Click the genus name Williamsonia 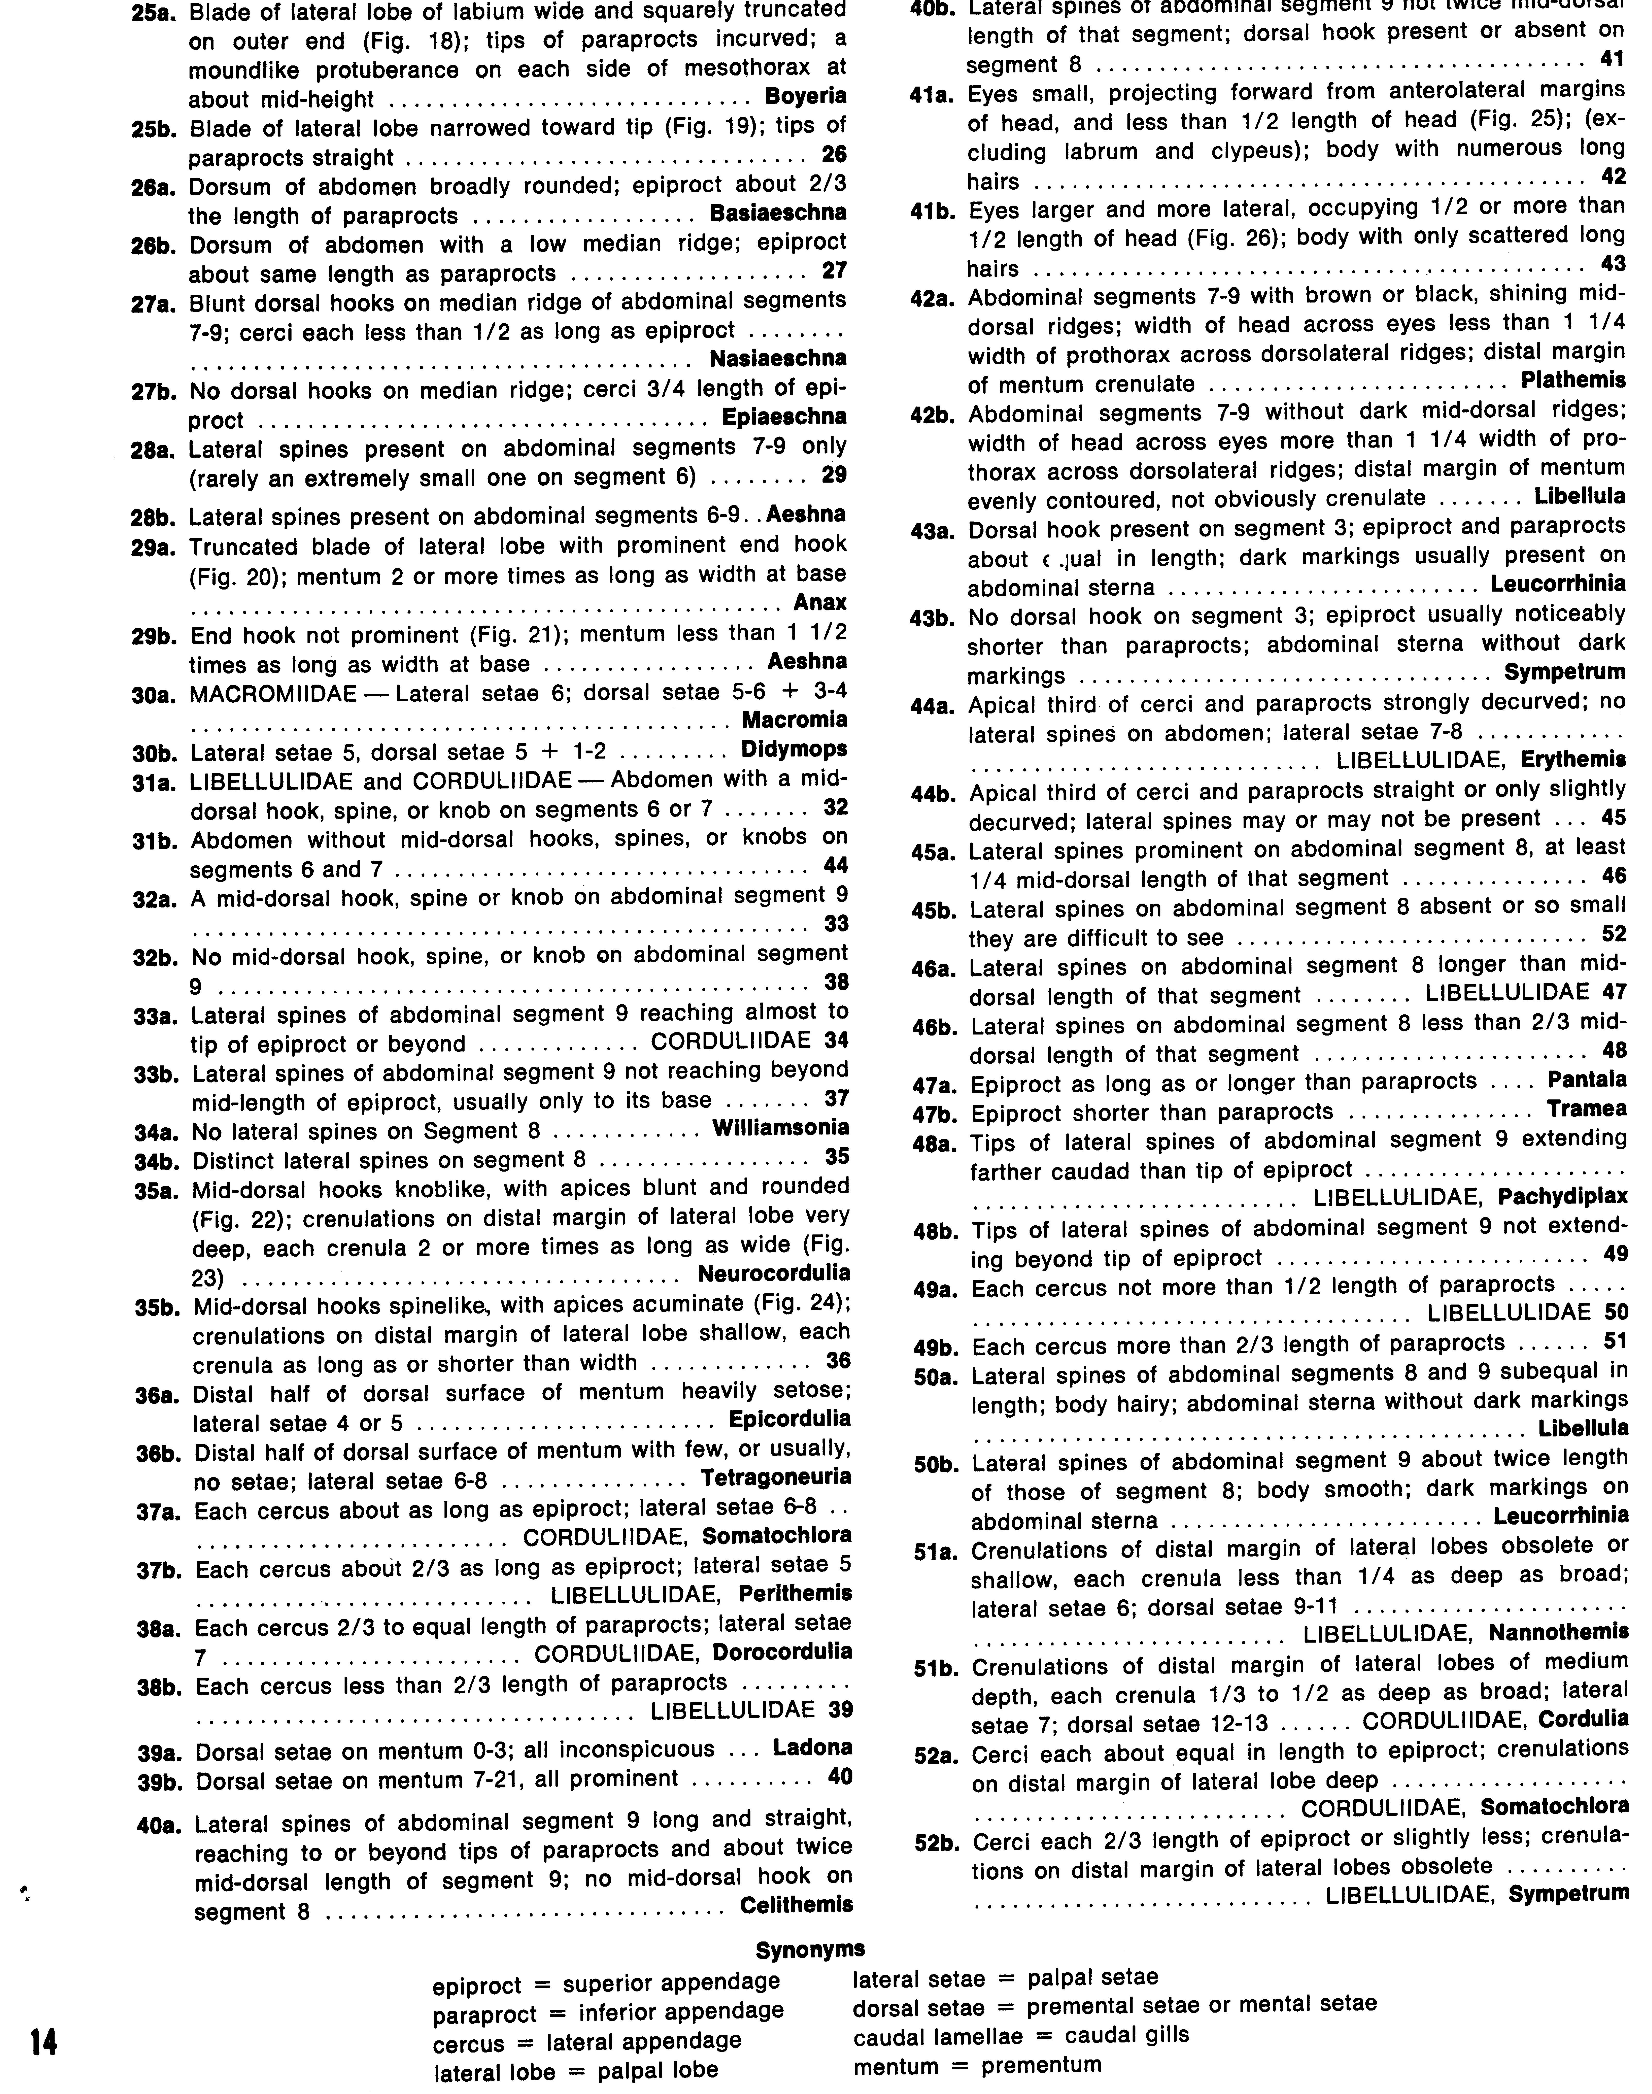pyautogui.click(x=781, y=1127)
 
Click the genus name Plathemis pyautogui.click(x=1573, y=379)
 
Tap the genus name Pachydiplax pyautogui.click(x=1563, y=1198)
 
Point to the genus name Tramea pyautogui.click(x=1587, y=1109)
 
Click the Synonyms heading pyautogui.click(x=810, y=1949)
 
